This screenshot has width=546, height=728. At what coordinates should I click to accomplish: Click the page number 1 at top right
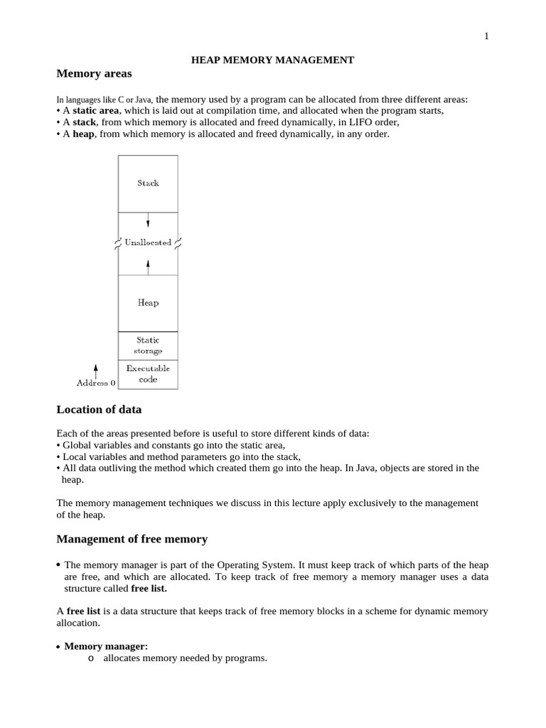486,37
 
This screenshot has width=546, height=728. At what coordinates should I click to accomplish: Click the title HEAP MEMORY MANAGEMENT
272,60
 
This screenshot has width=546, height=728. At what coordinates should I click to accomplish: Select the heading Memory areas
94,74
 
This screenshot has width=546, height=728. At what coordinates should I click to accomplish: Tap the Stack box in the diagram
148,183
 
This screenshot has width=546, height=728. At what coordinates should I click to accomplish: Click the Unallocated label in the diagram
148,242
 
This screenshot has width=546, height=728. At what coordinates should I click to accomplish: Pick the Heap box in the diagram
148,303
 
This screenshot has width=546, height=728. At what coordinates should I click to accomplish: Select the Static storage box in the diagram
148,346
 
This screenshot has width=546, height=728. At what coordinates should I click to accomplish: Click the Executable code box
148,374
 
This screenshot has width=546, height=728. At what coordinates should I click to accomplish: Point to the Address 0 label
95,383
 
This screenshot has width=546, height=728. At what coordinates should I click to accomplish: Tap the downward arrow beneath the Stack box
148,220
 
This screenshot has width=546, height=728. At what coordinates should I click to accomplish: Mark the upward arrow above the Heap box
148,266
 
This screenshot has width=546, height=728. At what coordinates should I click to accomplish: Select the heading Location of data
99,409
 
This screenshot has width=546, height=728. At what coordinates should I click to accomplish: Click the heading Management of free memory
132,540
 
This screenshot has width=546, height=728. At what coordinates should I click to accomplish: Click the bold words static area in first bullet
96,111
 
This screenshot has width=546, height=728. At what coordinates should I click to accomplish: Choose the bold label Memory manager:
106,646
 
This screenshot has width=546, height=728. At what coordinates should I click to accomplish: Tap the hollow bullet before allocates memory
90,658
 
